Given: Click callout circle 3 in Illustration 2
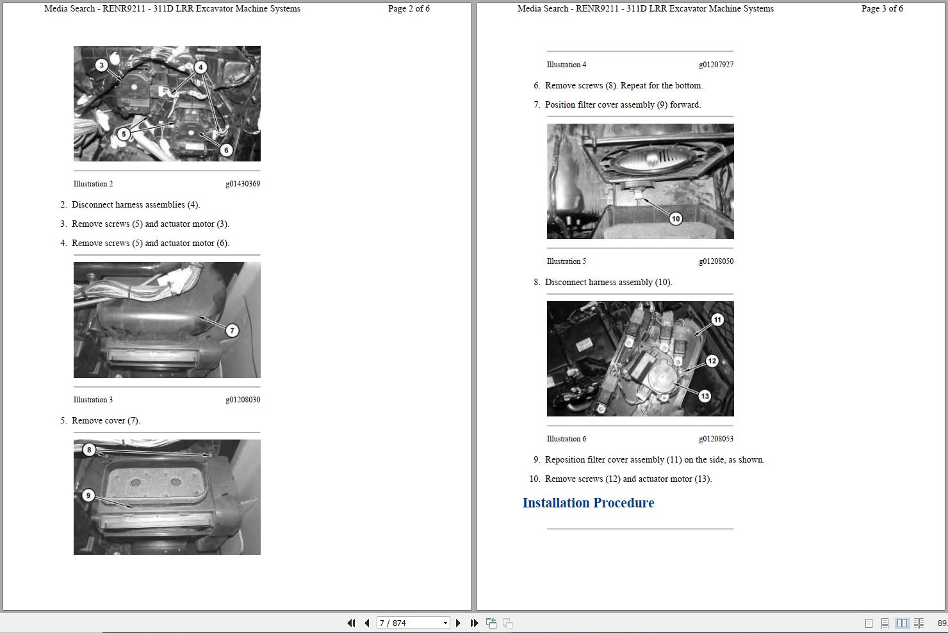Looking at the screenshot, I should [101, 65].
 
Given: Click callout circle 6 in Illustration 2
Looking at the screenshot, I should [226, 150].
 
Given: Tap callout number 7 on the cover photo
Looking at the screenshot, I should [232, 331].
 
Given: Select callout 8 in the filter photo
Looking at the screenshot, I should [89, 450].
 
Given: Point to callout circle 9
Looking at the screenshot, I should [88, 495].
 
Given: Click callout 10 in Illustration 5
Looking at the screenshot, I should [676, 218].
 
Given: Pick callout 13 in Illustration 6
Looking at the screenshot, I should [705, 396].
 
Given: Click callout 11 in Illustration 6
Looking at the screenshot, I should [717, 320].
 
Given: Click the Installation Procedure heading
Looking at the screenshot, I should [588, 503].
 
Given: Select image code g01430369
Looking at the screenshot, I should [243, 184].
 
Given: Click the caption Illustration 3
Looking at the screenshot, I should [93, 400].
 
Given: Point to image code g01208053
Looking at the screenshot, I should [716, 439].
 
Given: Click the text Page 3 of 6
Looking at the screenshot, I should [882, 8].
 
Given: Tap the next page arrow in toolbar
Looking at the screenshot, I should [458, 623].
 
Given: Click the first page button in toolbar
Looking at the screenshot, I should [351, 623].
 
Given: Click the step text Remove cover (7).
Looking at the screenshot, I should [106, 421].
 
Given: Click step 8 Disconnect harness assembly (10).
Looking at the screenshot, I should [608, 283].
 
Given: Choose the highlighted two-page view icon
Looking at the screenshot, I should [902, 623].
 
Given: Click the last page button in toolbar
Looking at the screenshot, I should [474, 623].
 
